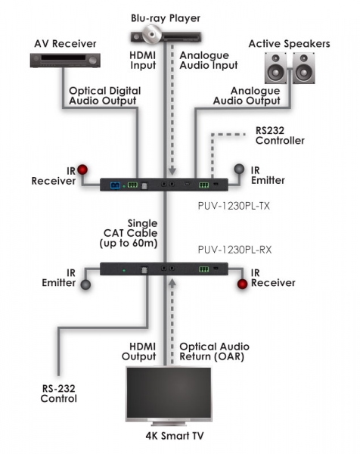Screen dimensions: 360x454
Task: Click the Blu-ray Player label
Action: tap(166, 18)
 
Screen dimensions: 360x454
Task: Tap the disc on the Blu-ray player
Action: tap(151, 34)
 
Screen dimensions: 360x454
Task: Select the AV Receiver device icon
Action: tap(65, 61)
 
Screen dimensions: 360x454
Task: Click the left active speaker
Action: tap(276, 68)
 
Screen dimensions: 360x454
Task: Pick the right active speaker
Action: tap(303, 68)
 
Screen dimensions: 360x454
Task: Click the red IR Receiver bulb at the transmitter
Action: tap(82, 169)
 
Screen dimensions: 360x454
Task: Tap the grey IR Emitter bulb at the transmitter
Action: tap(239, 169)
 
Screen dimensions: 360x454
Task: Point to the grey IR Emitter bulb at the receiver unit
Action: tap(85, 285)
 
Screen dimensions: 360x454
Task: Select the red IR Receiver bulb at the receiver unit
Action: tap(242, 284)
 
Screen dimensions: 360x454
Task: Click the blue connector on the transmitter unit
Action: tap(115, 185)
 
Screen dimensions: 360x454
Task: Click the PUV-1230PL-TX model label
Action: tap(234, 206)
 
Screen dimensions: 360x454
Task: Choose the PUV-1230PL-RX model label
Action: tap(234, 250)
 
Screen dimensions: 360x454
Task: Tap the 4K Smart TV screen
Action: tap(169, 393)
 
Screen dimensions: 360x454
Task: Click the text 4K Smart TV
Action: tap(175, 436)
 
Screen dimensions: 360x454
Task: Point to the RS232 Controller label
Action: tap(280, 135)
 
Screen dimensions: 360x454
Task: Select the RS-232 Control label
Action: tap(59, 393)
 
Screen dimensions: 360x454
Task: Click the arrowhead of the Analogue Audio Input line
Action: tap(172, 171)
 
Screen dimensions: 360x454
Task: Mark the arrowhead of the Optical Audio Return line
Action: tap(172, 283)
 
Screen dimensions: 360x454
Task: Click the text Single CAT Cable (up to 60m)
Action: tap(129, 233)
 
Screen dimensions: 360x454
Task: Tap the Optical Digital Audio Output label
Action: tap(105, 96)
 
